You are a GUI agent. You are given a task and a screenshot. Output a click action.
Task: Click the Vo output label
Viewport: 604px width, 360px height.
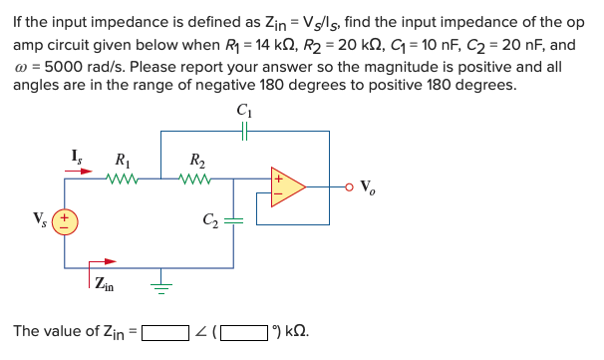367,186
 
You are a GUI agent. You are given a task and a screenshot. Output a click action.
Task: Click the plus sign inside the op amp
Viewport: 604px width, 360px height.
279,180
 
